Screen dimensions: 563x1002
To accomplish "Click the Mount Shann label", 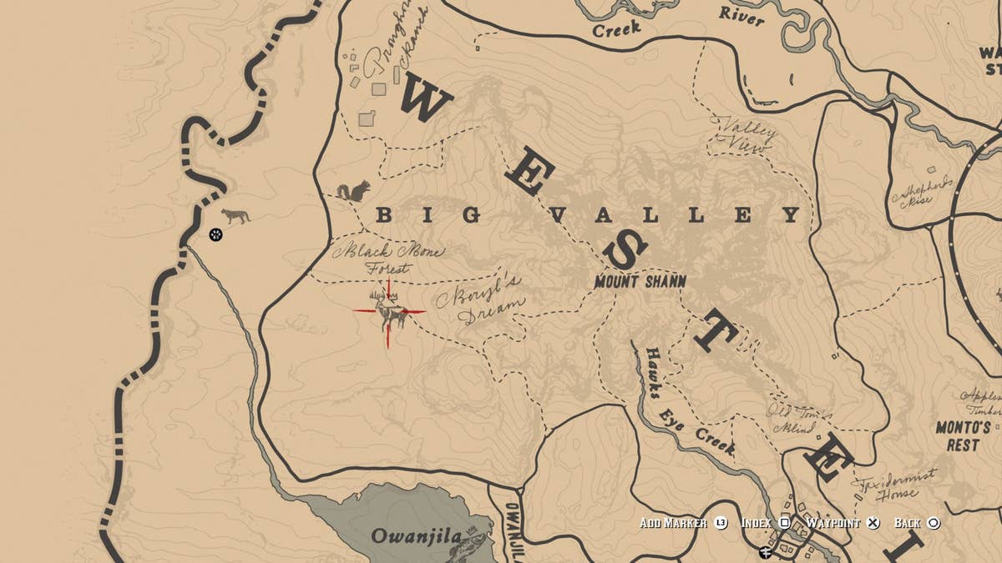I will click(640, 282).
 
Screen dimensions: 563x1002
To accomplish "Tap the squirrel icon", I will click(353, 193).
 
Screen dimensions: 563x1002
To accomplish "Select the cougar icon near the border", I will click(235, 216).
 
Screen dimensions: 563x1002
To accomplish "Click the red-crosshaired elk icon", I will click(388, 312).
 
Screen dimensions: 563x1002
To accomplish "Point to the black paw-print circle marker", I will click(215, 235).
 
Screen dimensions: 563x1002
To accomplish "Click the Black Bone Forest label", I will click(388, 259).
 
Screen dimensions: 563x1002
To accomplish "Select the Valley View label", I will click(743, 133).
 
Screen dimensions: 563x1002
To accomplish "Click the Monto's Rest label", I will click(962, 436).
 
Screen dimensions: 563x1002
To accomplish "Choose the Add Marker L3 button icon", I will click(721, 523).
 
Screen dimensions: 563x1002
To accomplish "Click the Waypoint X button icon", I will click(873, 523).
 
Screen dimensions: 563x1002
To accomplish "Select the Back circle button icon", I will click(934, 523).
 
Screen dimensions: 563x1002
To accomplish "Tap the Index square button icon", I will click(785, 523).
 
